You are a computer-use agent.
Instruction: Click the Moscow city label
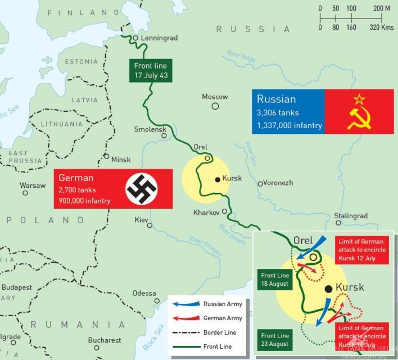[x=215, y=97]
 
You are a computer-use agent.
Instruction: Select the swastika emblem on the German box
[x=142, y=188]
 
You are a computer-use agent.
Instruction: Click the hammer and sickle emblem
[x=359, y=111]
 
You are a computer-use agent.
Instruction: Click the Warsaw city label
[x=33, y=185]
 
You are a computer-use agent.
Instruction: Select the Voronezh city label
[x=279, y=183]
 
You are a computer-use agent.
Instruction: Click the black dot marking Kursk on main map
[x=218, y=180]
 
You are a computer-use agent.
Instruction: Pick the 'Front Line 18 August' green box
[x=275, y=280]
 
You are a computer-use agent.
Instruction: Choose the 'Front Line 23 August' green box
[x=275, y=340]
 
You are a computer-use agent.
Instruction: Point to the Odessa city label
[x=144, y=293]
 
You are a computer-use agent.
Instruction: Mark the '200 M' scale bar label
[x=382, y=8]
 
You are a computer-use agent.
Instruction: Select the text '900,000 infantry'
[x=84, y=201]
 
